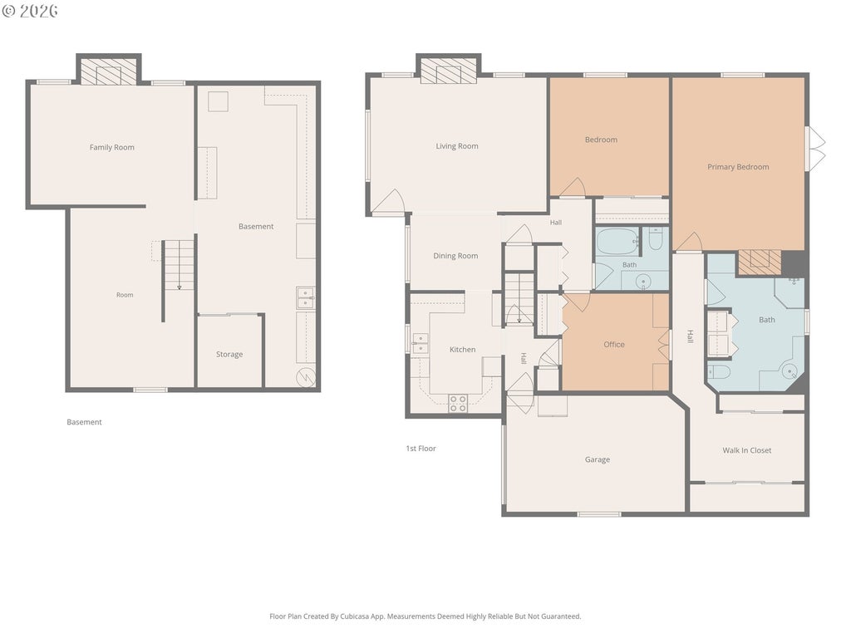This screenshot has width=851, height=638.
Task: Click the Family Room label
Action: (x=112, y=147)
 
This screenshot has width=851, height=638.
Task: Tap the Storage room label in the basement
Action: (x=229, y=354)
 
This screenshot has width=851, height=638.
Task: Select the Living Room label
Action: (x=457, y=146)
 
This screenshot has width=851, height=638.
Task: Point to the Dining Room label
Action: (x=455, y=256)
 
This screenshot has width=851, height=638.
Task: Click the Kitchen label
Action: (x=462, y=350)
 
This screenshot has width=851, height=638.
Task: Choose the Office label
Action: (x=614, y=345)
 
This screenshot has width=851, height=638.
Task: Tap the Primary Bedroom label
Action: (x=738, y=167)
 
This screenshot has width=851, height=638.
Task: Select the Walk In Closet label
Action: (x=747, y=450)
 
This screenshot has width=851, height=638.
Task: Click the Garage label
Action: (x=597, y=459)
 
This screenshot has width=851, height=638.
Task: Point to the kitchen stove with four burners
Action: (x=458, y=404)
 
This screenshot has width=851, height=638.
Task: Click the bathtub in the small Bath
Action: (x=617, y=242)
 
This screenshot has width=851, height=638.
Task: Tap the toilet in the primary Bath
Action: (x=719, y=371)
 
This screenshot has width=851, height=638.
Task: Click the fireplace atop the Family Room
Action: (x=109, y=71)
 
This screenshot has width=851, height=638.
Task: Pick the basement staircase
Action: (x=179, y=265)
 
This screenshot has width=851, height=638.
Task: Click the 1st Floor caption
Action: (x=421, y=449)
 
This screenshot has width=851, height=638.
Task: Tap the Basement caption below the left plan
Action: (x=84, y=422)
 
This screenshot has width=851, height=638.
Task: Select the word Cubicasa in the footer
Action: (x=355, y=616)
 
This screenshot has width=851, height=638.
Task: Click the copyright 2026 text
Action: (x=30, y=11)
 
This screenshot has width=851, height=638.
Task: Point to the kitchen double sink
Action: (x=420, y=344)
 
